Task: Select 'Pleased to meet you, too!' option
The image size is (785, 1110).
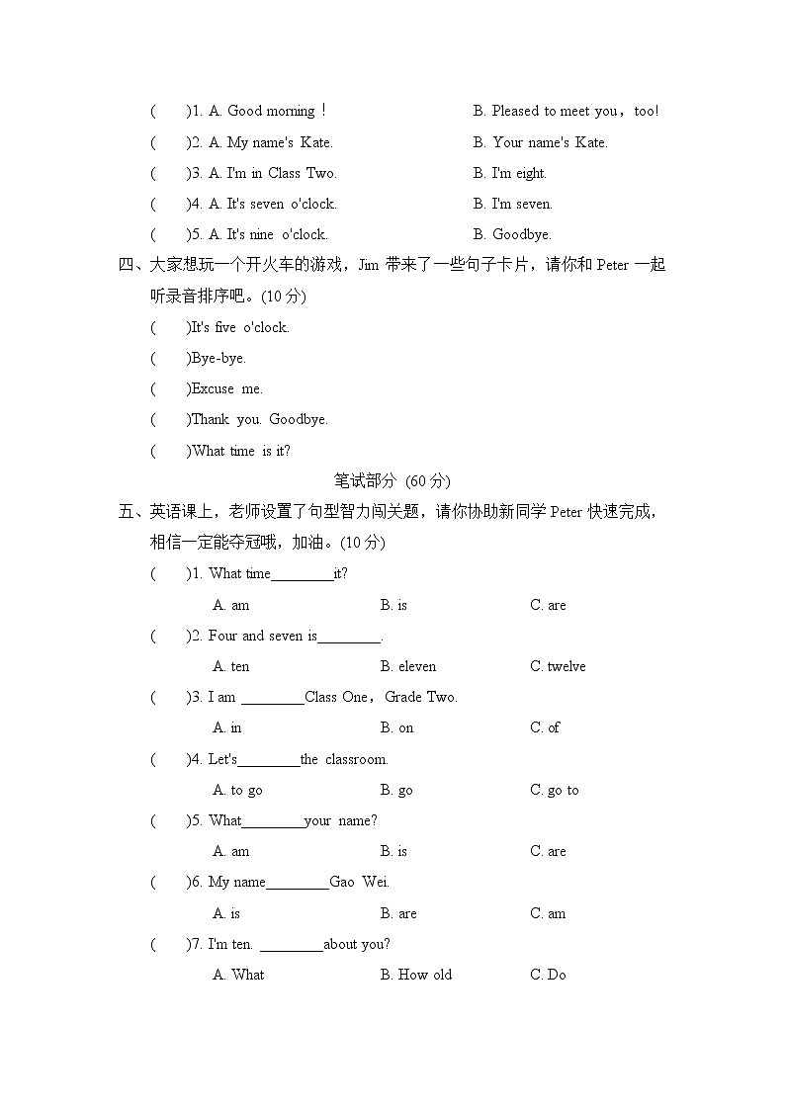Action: tap(566, 112)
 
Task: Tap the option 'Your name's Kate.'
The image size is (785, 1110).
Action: tap(540, 142)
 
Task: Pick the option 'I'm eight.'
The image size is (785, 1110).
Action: tap(509, 173)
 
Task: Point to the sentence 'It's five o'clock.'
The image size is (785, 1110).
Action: tap(240, 327)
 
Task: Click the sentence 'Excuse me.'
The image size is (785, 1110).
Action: tap(227, 388)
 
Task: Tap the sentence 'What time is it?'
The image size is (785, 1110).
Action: tap(241, 451)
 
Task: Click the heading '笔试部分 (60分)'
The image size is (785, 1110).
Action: tap(392, 481)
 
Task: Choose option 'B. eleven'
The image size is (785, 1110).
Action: tap(407, 666)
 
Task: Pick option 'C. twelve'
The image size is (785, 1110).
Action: tap(558, 666)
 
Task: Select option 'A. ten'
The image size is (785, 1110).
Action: tap(231, 666)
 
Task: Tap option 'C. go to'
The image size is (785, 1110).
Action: tap(555, 790)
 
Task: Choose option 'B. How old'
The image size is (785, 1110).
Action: tap(415, 975)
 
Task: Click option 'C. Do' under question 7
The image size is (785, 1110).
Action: tap(548, 975)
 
